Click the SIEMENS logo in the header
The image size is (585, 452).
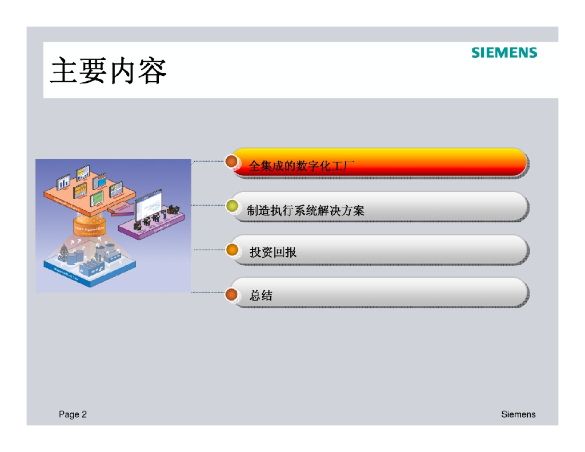coord(504,53)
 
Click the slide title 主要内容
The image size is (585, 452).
coord(108,71)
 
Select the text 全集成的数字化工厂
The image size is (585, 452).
coord(302,166)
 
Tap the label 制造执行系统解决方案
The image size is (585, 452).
coord(306,210)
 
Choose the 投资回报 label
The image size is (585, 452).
coord(273,252)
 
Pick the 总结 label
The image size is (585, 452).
coord(261,295)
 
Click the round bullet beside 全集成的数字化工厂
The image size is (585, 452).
coord(231,162)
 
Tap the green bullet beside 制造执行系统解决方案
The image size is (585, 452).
coord(232,206)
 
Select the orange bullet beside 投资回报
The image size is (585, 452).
coord(232,250)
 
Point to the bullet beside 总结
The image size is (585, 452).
coord(231,294)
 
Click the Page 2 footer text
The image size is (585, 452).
coord(73,414)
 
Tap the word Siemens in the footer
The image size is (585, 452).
coord(518,414)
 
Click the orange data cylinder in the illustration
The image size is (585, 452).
coord(90,227)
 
